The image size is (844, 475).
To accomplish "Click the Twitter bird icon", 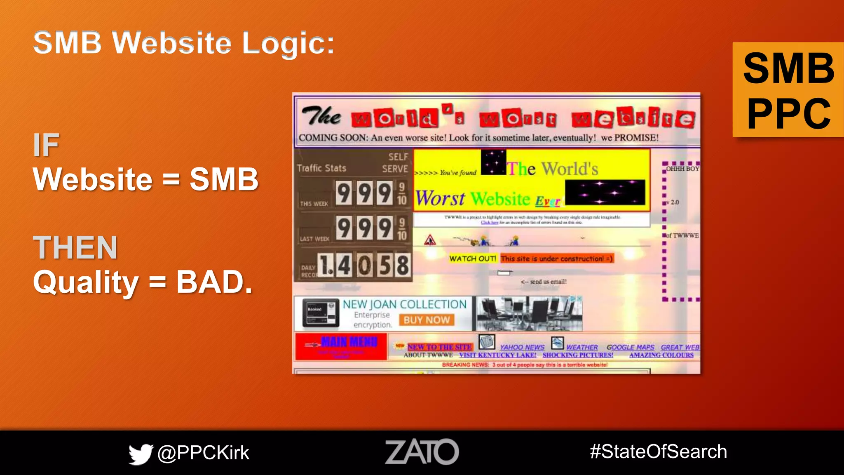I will [x=141, y=454].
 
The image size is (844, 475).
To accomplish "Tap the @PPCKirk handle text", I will [x=203, y=453].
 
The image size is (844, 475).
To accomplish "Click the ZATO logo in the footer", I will [x=422, y=452].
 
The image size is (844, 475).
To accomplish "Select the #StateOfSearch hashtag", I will [x=658, y=451].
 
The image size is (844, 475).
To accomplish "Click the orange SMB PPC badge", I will [x=788, y=90].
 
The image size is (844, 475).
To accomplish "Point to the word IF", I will [x=46, y=145].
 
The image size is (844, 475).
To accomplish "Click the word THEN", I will [x=75, y=247].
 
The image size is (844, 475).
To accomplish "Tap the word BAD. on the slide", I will [x=214, y=282].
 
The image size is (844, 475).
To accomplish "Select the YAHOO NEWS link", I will [x=522, y=347].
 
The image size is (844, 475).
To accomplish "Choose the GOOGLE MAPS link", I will [x=630, y=347].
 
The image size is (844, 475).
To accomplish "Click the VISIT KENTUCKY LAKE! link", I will [x=497, y=355].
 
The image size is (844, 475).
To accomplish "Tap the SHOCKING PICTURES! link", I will [x=578, y=355].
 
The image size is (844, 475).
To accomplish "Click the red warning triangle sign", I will [x=430, y=240].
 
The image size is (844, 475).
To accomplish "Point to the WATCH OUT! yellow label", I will [x=473, y=259].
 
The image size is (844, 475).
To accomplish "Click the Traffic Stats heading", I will [x=321, y=168].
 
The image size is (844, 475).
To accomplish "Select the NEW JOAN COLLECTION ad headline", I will [x=404, y=304].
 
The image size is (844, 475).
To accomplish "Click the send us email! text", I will [x=548, y=282].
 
